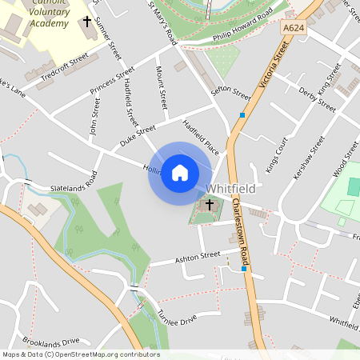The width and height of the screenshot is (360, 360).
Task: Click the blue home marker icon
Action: pyautogui.click(x=180, y=173)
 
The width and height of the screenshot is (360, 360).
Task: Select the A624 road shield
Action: pyautogui.click(x=294, y=28)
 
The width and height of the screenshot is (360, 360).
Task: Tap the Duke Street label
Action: pyautogui.click(x=137, y=135)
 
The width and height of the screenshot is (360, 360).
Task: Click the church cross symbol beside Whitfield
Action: pyautogui.click(x=210, y=205)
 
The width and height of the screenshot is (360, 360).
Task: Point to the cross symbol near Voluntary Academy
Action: pyautogui.click(x=86, y=22)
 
